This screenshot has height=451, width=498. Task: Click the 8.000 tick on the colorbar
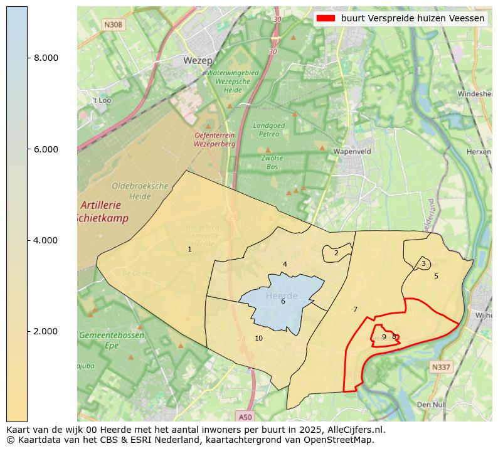(46, 58)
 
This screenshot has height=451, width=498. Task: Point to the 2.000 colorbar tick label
(46, 331)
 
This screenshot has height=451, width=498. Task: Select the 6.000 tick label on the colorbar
(46, 149)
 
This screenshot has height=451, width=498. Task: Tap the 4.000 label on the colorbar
(46, 240)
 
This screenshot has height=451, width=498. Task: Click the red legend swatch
(326, 19)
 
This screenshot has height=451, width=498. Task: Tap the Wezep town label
(197, 61)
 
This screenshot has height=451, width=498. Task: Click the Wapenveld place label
(352, 151)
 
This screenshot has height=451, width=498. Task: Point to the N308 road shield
(114, 24)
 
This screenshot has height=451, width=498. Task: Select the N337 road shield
(441, 367)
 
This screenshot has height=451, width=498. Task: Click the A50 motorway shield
(245, 417)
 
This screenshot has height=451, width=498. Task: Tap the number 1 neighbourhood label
(189, 250)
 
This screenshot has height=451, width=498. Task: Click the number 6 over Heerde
(283, 302)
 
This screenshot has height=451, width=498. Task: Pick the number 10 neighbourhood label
(258, 339)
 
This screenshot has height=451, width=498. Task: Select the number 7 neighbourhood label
(355, 310)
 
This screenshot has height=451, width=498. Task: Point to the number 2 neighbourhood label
(336, 253)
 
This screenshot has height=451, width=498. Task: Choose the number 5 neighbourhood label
(436, 276)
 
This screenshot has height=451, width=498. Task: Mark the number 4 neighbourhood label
(285, 265)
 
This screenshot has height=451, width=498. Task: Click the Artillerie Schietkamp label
(103, 212)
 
